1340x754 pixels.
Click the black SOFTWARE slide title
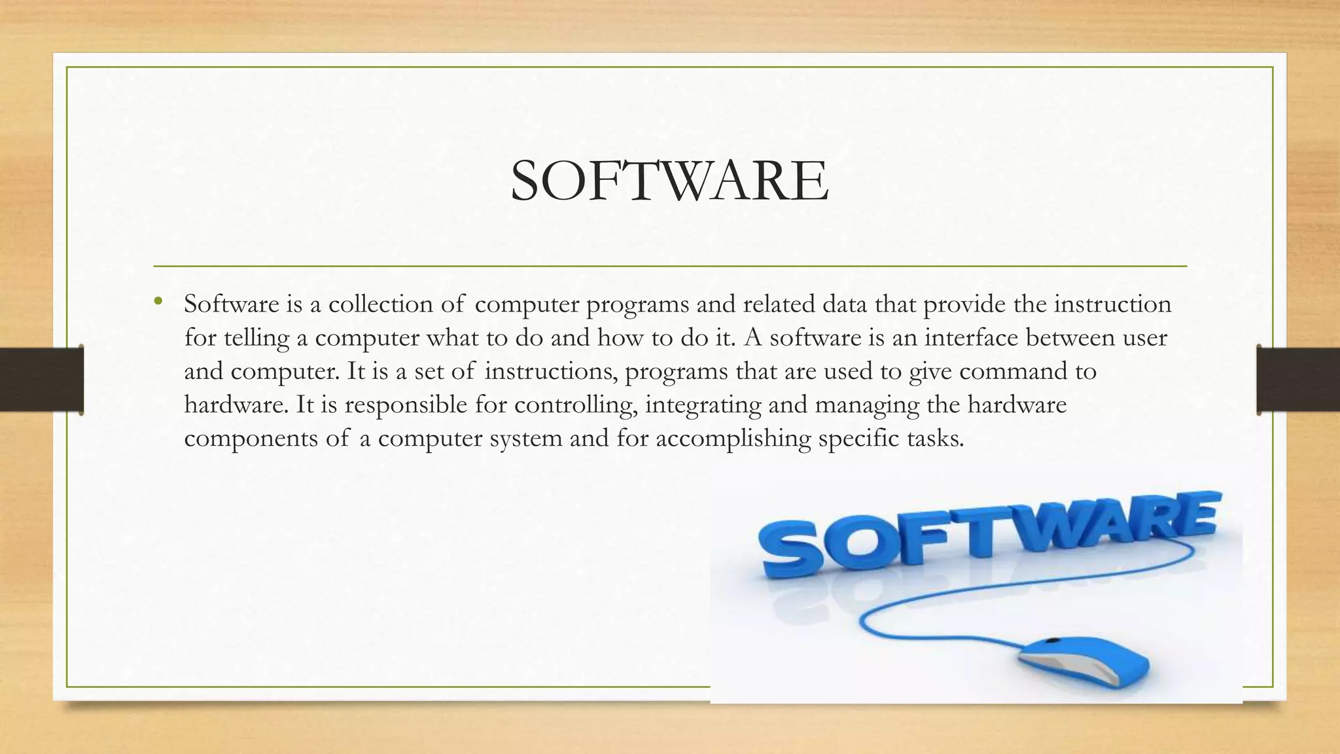tap(669, 181)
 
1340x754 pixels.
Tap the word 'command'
tap(1014, 371)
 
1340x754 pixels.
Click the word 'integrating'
tap(703, 405)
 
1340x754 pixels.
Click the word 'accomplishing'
tap(733, 439)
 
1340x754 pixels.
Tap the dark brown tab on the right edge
tap(1298, 380)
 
